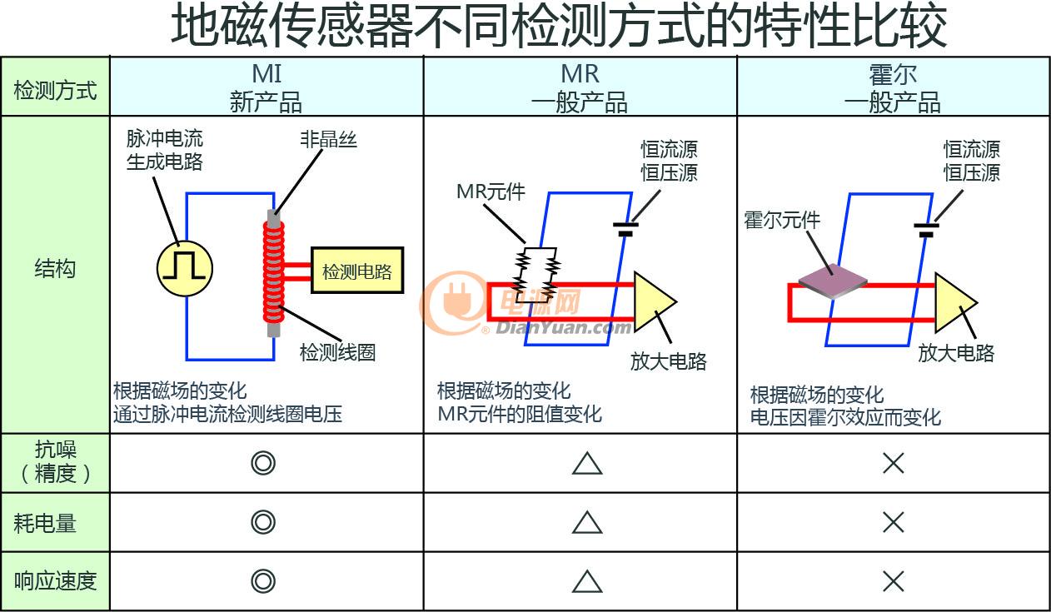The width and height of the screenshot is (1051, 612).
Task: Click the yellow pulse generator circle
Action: point(184,269)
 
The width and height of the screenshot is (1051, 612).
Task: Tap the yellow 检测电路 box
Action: point(357,271)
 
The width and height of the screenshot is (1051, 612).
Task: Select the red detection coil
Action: point(274,272)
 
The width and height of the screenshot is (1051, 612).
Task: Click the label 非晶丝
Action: point(328,140)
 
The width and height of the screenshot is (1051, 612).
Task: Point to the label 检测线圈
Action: point(338,352)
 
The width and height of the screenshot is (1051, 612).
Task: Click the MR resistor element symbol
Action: point(536,274)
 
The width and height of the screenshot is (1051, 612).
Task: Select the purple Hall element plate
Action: point(833,281)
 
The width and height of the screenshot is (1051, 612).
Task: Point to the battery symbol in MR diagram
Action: point(625,229)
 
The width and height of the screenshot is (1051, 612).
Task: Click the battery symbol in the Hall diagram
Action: point(926,230)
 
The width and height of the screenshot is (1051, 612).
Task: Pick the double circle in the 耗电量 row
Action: point(263,522)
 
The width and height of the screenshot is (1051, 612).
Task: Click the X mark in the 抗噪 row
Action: point(894,463)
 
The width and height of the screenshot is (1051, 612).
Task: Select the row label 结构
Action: point(55,269)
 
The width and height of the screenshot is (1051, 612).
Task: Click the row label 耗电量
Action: point(45,523)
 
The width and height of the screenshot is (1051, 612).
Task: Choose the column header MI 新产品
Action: point(266,87)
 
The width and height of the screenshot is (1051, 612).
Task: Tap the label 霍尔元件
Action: point(782,220)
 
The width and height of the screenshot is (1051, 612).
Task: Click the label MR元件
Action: point(491,192)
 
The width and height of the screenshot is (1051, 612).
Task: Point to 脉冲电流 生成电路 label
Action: point(165,150)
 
